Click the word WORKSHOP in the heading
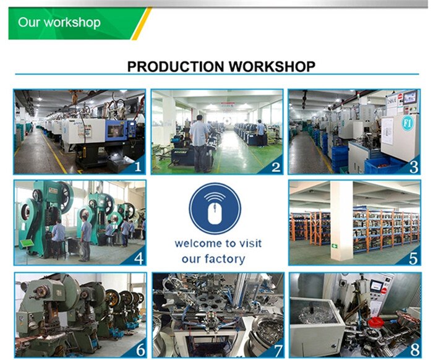pyautogui.click(x=272, y=67)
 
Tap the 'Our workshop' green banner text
pyautogui.click(x=59, y=22)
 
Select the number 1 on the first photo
pyautogui.click(x=137, y=166)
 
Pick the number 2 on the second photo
pyautogui.click(x=276, y=167)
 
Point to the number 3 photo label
pyautogui.click(x=414, y=167)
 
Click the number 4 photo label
pyautogui.click(x=139, y=259)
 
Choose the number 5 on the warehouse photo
pyautogui.click(x=413, y=259)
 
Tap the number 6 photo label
pyautogui.click(x=140, y=350)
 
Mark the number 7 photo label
pyautogui.click(x=278, y=351)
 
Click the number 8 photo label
pyautogui.click(x=415, y=350)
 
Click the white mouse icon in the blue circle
pyautogui.click(x=215, y=213)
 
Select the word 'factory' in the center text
pyautogui.click(x=225, y=259)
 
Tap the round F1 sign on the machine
pyautogui.click(x=407, y=124)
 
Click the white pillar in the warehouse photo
pyautogui.click(x=341, y=221)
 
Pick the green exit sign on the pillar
pyautogui.click(x=335, y=246)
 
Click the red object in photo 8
pyautogui.click(x=375, y=322)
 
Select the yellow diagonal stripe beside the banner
pyautogui.click(x=142, y=24)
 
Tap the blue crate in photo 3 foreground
pyautogui.click(x=382, y=165)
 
